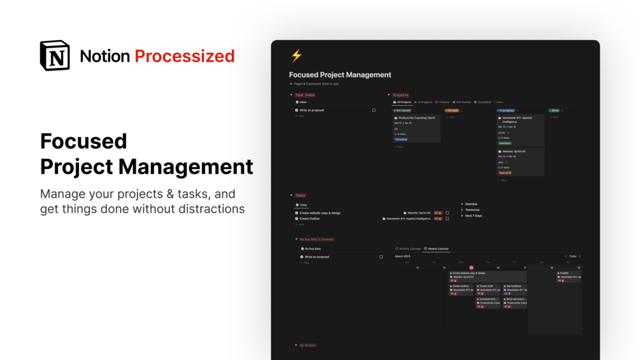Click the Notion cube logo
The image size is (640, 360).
55,55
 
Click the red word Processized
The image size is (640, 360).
185,56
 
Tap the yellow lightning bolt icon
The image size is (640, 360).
296,55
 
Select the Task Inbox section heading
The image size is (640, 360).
305,95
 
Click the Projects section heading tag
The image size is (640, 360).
401,95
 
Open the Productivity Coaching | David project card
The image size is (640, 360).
416,118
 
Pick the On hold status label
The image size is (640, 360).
452,110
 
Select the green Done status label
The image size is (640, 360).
555,110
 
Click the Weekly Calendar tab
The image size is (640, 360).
438,248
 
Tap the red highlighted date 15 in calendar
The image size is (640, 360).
471,268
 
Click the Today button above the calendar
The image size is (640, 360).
572,256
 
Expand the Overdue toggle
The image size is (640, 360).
471,204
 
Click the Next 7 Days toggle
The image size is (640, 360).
473,216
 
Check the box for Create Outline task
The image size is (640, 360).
447,219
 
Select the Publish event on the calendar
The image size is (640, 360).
564,273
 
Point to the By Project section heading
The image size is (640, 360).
308,345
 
